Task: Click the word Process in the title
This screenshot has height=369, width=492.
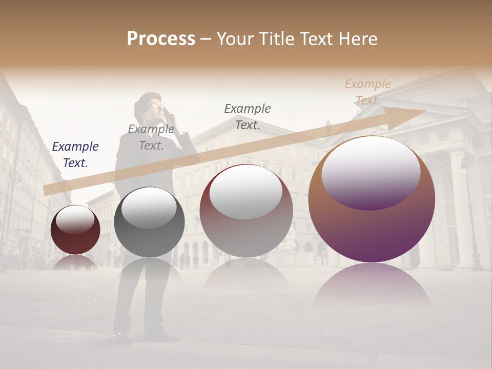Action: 161,39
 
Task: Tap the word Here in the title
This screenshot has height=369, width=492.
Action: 357,39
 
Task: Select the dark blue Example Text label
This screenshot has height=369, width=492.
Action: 75,154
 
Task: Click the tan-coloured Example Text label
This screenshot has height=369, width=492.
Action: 367,92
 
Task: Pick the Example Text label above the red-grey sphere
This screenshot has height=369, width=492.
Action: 248,116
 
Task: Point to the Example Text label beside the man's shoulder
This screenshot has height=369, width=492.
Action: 151,137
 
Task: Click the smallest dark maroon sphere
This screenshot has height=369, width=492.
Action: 75,230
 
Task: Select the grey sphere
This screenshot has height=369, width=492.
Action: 149,222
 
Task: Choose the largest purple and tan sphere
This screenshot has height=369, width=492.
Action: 372,200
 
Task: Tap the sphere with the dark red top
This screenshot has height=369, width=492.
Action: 246,211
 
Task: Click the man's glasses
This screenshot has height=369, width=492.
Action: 155,107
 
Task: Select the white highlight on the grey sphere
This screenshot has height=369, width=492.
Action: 149,207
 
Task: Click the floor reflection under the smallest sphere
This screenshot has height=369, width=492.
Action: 75,262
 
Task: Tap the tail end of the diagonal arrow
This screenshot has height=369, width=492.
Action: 47,190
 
